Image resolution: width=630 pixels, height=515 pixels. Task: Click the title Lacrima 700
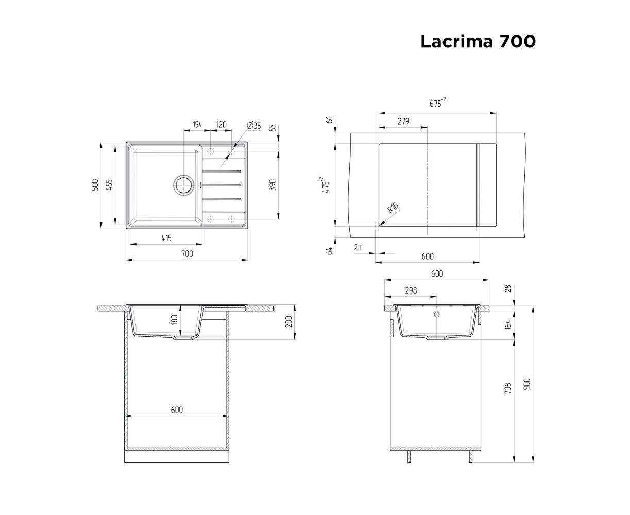pyautogui.click(x=478, y=41)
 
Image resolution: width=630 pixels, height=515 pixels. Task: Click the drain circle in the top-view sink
pyautogui.click(x=183, y=185)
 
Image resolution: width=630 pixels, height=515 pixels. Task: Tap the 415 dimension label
pyautogui.click(x=166, y=238)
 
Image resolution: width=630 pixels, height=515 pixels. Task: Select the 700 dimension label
pyautogui.click(x=187, y=253)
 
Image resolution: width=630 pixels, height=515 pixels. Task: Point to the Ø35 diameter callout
pyautogui.click(x=254, y=126)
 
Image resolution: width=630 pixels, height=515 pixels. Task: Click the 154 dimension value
pyautogui.click(x=197, y=125)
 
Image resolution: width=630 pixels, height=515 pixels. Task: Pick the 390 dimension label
pyautogui.click(x=273, y=185)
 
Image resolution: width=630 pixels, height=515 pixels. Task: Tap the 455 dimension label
pyautogui.click(x=110, y=185)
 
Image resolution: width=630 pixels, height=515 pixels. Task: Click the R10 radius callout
pyautogui.click(x=393, y=208)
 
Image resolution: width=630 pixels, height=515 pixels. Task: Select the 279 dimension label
pyautogui.click(x=403, y=121)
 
